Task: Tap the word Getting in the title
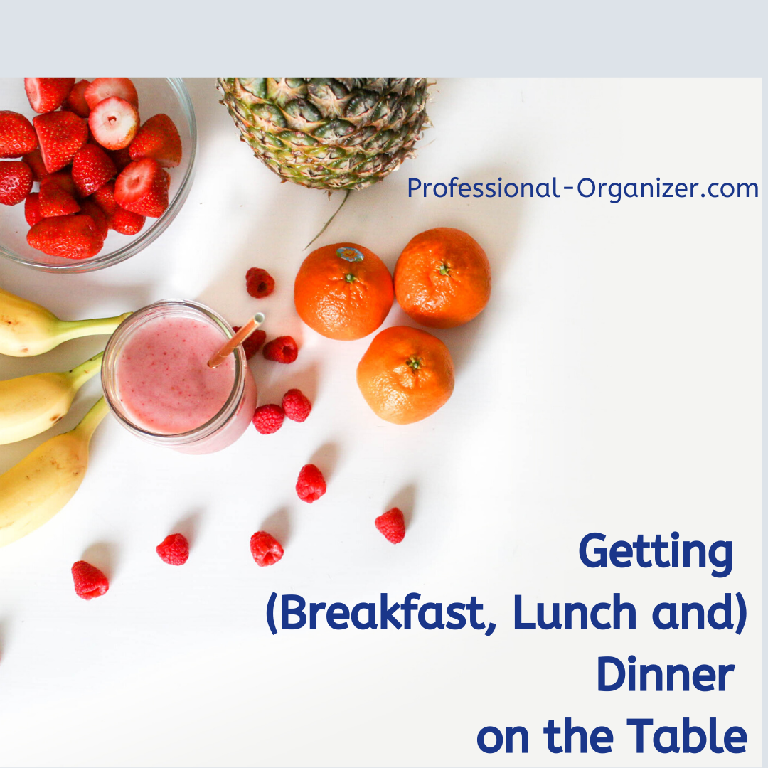(x=656, y=553)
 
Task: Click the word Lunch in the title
(x=575, y=612)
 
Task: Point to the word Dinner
(x=666, y=674)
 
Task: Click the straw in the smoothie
(x=236, y=340)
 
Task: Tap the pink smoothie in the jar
(x=176, y=375)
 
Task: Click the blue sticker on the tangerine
(x=350, y=254)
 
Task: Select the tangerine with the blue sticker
(x=343, y=292)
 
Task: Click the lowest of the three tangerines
(x=405, y=375)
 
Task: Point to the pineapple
(x=326, y=132)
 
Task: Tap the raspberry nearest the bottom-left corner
(x=90, y=580)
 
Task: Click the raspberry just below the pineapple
(x=260, y=282)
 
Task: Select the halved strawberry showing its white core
(x=114, y=122)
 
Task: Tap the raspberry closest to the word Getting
(x=390, y=526)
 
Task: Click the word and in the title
(x=699, y=612)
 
